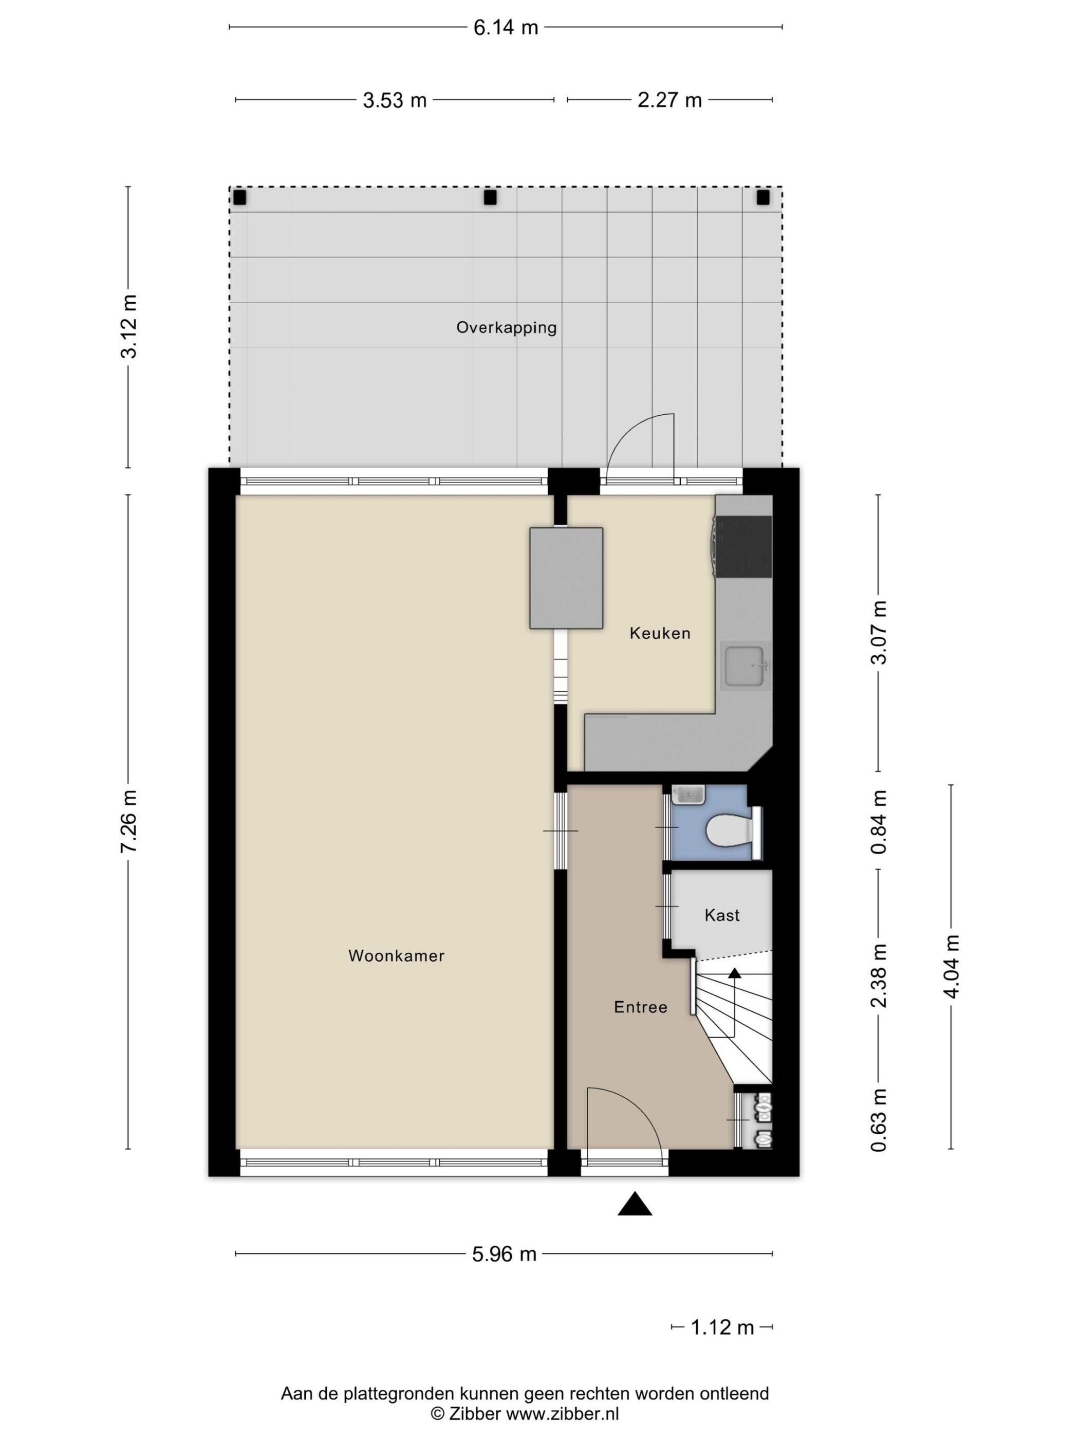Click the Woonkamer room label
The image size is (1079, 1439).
pos(396,955)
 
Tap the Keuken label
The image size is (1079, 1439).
pos(660,633)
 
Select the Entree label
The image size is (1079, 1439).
pos(641,1007)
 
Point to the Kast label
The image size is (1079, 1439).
pos(722,915)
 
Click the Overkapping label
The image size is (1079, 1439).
pos(506,327)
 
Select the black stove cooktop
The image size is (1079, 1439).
pos(743,547)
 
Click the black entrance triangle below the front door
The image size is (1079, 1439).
pos(634,1204)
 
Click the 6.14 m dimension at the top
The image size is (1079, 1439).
pos(506,27)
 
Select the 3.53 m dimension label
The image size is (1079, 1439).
pos(394,100)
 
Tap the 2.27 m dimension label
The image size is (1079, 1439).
pos(670,100)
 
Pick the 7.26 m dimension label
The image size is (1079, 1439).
pos(129,821)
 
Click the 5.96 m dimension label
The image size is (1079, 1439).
pos(504,1253)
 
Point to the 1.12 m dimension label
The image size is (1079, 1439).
pos(722,1327)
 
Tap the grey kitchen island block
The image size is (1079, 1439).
pos(566,578)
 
